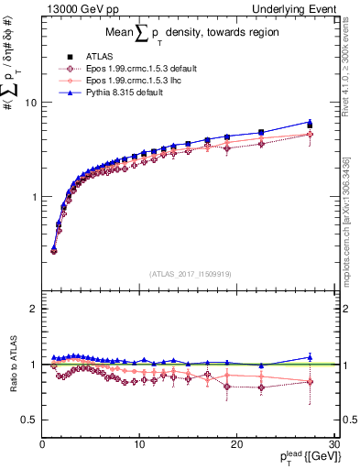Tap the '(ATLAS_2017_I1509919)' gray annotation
[x=189, y=273]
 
